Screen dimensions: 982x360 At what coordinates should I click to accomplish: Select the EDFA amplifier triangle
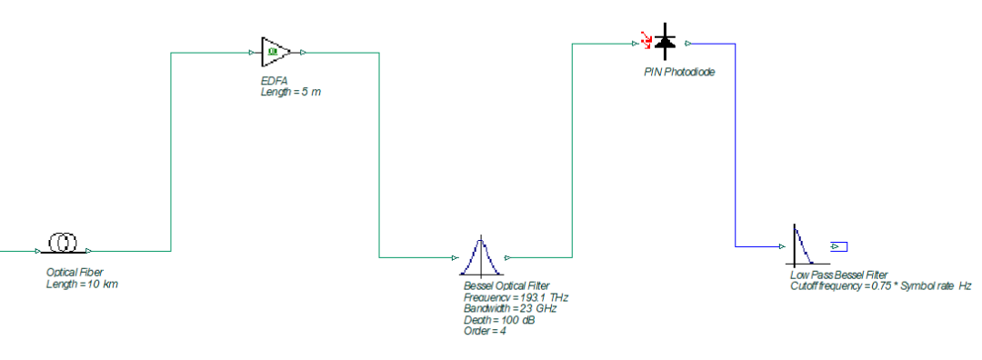click(x=276, y=52)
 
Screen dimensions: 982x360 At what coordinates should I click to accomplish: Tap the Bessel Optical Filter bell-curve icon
click(x=480, y=256)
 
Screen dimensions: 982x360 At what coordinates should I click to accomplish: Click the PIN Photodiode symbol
click(x=664, y=42)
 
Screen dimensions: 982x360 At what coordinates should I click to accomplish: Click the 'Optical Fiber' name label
click(x=75, y=273)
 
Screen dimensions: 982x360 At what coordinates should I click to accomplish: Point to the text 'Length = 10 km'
click(x=82, y=285)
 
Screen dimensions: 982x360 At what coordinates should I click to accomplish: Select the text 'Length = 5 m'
click(x=291, y=93)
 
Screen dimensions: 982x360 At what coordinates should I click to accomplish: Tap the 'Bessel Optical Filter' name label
click(x=506, y=286)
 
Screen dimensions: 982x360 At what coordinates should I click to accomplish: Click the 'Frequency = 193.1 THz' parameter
click(x=516, y=297)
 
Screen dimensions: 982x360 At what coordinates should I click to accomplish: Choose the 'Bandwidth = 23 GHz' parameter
click(x=510, y=309)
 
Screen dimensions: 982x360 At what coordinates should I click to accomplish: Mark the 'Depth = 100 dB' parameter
click(x=499, y=320)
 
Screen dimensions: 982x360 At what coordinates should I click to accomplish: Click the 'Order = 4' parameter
click(x=485, y=331)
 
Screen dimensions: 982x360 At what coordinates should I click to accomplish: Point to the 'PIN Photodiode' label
click(x=679, y=72)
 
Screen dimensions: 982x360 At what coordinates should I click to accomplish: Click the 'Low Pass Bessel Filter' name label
click(x=839, y=275)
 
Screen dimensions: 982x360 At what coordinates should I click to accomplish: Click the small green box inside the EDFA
click(x=273, y=52)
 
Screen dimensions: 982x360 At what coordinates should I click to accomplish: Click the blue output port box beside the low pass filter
click(x=838, y=246)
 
